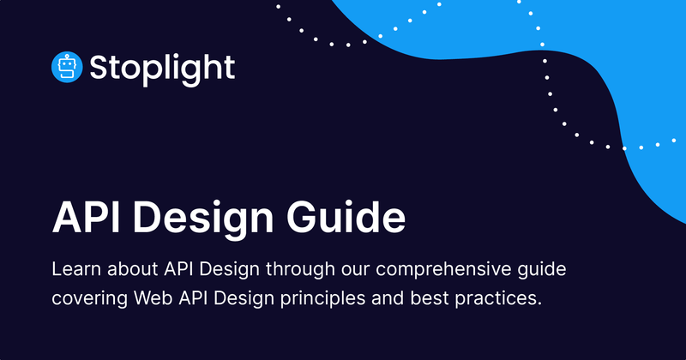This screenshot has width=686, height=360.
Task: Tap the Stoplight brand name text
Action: click(x=162, y=68)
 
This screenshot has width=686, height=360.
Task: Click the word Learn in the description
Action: click(x=74, y=270)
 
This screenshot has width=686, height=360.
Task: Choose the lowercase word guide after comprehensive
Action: click(x=542, y=270)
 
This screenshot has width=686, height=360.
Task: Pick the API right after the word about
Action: click(x=175, y=270)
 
